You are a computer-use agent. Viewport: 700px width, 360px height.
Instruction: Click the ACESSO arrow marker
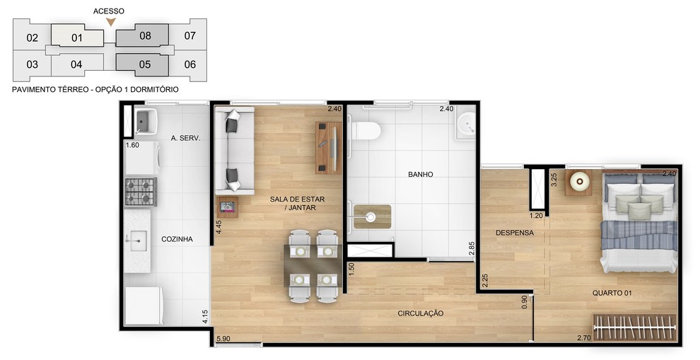(x=111, y=22)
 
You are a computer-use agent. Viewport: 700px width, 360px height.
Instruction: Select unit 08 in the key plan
(x=142, y=35)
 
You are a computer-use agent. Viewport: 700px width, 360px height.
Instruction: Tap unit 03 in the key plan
(x=32, y=64)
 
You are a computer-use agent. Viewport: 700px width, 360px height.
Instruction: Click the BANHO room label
(x=421, y=174)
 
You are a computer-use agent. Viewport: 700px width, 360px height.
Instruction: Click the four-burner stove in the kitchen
(x=141, y=192)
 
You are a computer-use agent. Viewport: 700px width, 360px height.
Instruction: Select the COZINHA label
(x=177, y=239)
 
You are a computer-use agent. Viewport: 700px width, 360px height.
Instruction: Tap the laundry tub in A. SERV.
(x=143, y=121)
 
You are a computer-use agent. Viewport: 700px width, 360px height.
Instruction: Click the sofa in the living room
(x=234, y=150)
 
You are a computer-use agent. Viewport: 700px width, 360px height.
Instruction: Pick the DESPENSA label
(x=515, y=233)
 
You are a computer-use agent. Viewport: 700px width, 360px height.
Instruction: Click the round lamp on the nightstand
(x=580, y=182)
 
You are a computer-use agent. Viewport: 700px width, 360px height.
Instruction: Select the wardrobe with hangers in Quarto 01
(x=634, y=327)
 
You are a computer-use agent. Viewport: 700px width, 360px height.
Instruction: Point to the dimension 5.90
(x=223, y=339)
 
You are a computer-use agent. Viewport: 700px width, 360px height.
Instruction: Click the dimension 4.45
(x=218, y=227)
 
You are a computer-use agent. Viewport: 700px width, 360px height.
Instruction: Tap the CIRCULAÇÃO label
(x=421, y=313)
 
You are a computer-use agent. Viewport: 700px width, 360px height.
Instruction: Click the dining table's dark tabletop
(x=313, y=266)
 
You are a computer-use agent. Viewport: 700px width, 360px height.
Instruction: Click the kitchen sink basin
(x=136, y=241)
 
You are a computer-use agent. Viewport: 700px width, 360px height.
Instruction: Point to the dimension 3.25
(x=554, y=180)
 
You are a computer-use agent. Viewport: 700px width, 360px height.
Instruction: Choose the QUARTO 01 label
(x=612, y=293)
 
